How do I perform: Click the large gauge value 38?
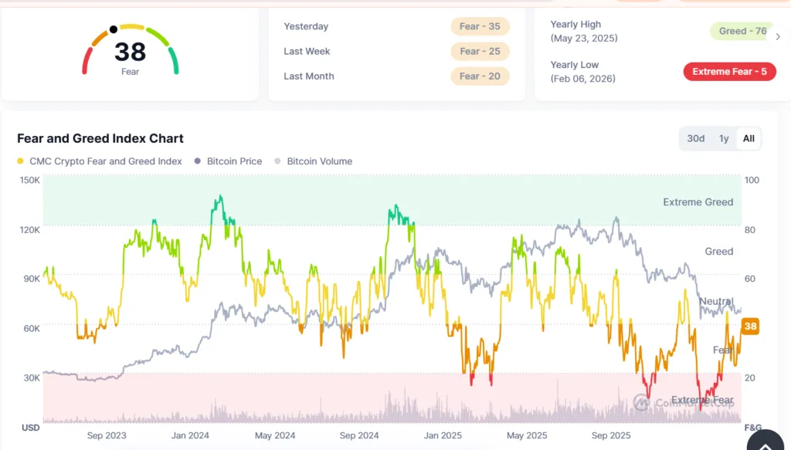point(130,52)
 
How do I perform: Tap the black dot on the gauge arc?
point(114,29)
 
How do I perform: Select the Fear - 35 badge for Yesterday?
point(479,26)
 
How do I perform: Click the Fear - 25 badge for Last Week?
point(479,51)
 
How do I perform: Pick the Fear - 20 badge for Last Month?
point(479,76)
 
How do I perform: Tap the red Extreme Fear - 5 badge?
point(729,72)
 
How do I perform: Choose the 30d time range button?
point(696,138)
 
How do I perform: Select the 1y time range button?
point(724,138)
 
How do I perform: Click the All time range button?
point(749,138)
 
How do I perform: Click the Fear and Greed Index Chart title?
point(100,139)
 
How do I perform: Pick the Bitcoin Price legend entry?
point(229,161)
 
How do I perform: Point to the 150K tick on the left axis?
point(30,180)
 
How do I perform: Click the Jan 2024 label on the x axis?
point(190,435)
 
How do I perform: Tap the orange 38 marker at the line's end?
point(750,327)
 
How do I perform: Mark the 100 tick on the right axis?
point(752,180)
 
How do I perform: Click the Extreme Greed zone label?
point(698,202)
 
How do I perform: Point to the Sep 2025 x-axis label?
point(610,435)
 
